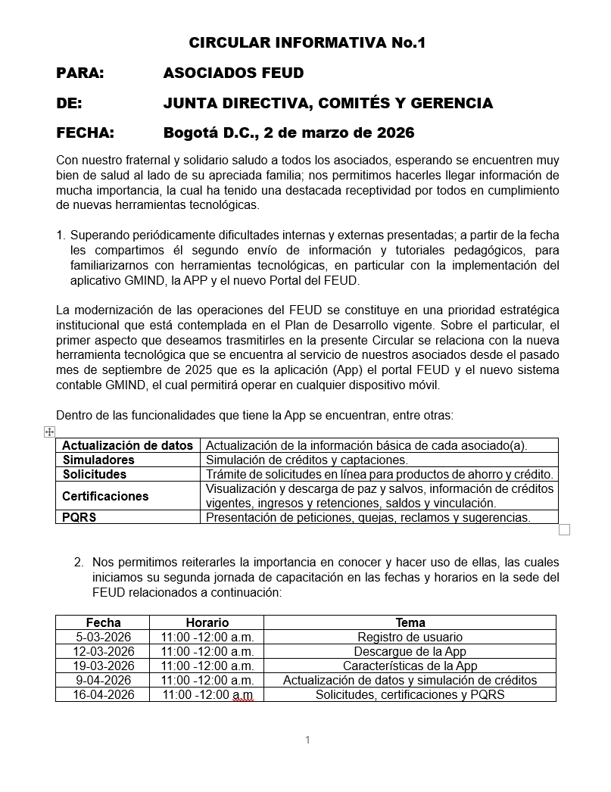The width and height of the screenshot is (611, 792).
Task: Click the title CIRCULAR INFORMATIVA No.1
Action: (307, 43)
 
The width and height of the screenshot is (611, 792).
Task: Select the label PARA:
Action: (80, 73)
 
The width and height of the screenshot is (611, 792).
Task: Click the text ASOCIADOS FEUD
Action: (233, 73)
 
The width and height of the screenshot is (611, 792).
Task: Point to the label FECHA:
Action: (85, 133)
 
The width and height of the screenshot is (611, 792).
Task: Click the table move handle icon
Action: (49, 432)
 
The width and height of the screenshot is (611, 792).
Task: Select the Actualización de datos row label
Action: (128, 445)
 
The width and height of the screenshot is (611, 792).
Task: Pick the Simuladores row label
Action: (98, 460)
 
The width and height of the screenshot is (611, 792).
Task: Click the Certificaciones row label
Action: (105, 496)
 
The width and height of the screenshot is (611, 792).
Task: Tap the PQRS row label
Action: (79, 518)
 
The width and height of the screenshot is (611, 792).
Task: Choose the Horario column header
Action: (207, 622)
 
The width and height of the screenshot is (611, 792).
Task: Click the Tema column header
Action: (410, 622)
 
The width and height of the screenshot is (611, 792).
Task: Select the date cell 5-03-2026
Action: (103, 637)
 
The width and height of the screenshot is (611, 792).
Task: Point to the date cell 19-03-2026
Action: (103, 666)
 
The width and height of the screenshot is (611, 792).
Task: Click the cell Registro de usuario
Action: (410, 637)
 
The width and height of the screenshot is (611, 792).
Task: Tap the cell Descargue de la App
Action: (410, 651)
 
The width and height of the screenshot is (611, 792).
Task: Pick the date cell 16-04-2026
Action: (103, 694)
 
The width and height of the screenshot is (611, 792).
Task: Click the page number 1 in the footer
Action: (307, 740)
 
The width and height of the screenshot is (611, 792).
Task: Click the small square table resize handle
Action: (564, 530)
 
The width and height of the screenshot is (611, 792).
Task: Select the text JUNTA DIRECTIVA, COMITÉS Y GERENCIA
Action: (328, 104)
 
